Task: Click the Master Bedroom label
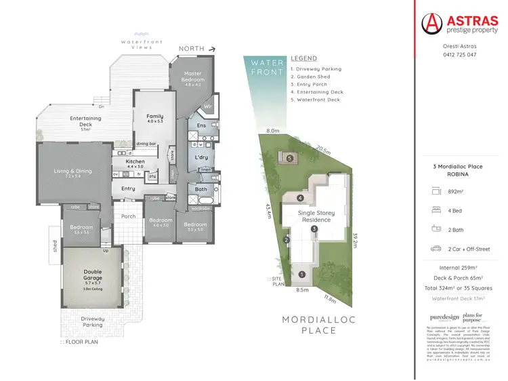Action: [x=192, y=77]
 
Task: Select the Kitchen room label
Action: [x=135, y=162]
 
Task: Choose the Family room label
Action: [x=155, y=117]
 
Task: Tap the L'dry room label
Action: [x=200, y=157]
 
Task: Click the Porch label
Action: [x=129, y=216]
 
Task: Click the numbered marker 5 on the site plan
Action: [x=290, y=159]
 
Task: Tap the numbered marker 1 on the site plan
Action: [x=301, y=275]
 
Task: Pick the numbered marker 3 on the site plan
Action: [x=314, y=229]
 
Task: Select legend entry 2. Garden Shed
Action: [x=314, y=77]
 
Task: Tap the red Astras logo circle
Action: [x=432, y=24]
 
